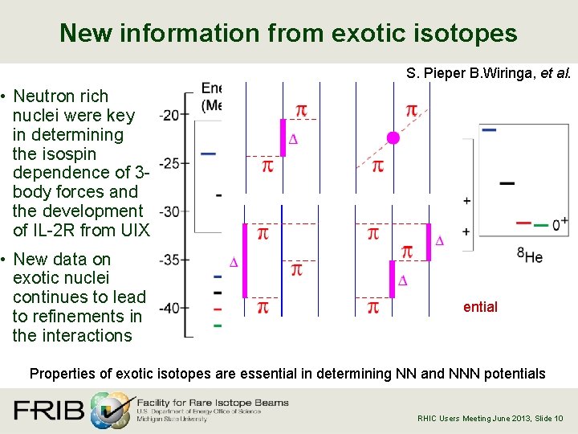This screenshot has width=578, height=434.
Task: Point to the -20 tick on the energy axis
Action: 169,115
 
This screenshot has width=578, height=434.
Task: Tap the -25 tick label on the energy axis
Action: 169,163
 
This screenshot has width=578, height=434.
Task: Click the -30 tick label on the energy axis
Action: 169,211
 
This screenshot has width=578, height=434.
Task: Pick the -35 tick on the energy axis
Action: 169,260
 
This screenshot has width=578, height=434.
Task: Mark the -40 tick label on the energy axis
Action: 169,308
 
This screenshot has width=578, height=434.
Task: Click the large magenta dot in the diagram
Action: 393,138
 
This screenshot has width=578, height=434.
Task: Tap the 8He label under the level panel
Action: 530,256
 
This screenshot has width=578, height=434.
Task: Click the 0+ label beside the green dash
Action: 560,224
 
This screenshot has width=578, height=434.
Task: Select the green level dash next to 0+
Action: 541,225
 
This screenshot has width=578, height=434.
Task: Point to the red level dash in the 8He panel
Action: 524,223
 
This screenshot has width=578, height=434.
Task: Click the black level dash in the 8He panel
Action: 507,183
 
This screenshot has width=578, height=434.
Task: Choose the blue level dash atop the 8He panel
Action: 488,129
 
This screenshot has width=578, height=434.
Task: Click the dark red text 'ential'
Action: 480,307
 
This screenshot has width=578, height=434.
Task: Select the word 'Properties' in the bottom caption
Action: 63,374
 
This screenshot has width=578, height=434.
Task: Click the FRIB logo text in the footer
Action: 48,410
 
